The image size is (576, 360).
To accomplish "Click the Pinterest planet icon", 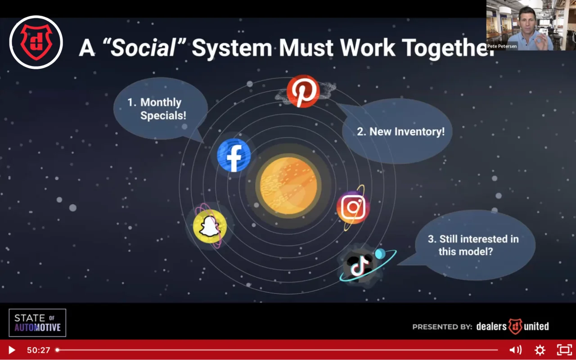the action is [x=303, y=91].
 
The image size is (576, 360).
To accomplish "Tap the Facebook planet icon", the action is [x=234, y=155].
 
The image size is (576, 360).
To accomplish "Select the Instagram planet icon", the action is [x=353, y=207].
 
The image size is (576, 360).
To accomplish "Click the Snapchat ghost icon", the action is [x=210, y=226].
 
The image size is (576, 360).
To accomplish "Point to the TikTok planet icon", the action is [x=359, y=265].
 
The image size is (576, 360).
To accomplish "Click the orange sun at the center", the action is [x=288, y=186].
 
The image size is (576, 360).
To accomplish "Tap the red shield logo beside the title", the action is [x=36, y=42].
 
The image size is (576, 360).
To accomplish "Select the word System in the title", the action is [x=232, y=48].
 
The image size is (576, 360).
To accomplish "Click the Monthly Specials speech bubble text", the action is [x=157, y=109].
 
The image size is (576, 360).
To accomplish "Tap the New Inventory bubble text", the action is [x=400, y=132].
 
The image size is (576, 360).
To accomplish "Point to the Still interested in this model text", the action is [x=473, y=245].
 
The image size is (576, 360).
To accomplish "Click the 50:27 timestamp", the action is [x=39, y=350].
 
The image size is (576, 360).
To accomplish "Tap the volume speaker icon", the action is [x=515, y=350].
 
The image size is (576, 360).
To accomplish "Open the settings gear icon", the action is [x=540, y=350].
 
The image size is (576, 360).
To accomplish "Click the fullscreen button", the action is [x=564, y=350].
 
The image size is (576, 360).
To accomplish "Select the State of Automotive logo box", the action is [x=37, y=323].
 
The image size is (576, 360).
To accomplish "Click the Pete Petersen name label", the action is [x=502, y=46].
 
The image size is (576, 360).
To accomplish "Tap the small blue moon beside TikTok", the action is [x=380, y=254].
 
